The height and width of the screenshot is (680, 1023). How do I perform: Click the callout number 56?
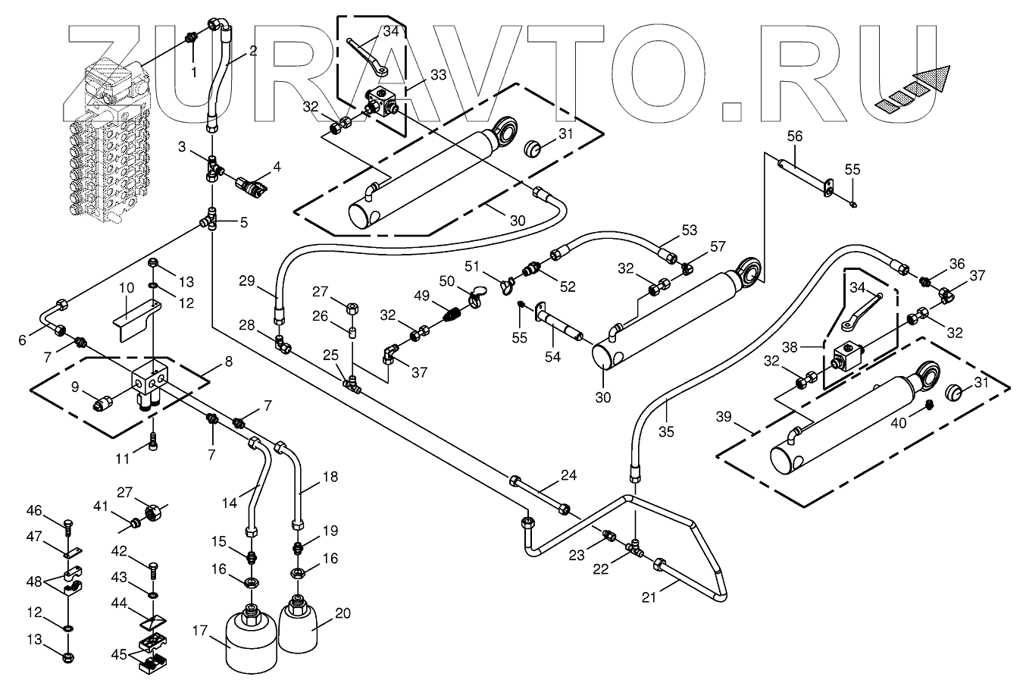[794, 136]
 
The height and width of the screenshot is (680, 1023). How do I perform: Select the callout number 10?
[126, 288]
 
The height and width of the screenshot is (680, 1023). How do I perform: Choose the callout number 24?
[568, 475]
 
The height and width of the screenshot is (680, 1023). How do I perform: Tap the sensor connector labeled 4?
[251, 184]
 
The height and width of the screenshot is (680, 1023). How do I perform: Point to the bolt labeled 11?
[154, 440]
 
